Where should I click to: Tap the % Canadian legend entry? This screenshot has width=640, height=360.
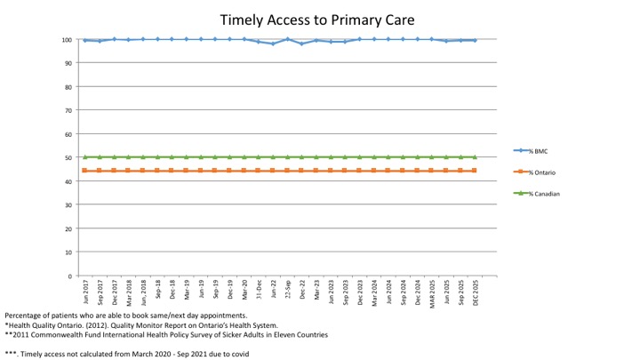click(x=545, y=193)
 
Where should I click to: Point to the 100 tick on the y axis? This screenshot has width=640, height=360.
click(x=67, y=39)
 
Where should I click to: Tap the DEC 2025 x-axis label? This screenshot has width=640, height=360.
click(x=474, y=293)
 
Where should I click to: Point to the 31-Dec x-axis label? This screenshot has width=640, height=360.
click(x=258, y=291)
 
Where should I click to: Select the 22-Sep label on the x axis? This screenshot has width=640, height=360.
click(x=286, y=291)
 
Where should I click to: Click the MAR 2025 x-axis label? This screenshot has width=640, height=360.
click(x=430, y=293)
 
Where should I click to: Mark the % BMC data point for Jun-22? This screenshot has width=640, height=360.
click(x=273, y=44)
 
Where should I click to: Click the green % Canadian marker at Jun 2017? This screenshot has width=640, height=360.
click(x=84, y=156)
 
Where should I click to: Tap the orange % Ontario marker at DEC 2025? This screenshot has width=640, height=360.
click(x=475, y=170)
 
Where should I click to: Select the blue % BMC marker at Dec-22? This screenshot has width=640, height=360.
click(x=301, y=44)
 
